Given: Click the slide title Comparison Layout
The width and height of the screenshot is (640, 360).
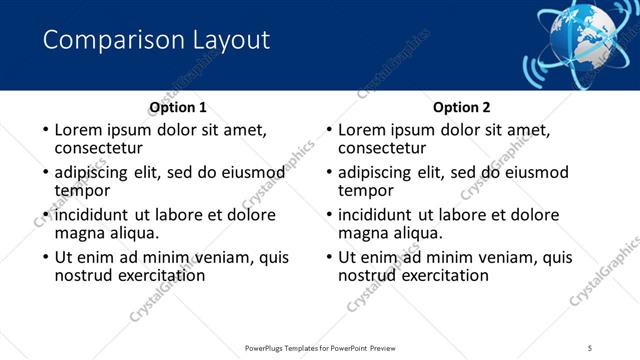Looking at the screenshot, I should [156, 40].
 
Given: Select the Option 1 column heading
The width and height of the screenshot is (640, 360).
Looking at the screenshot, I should [178, 107].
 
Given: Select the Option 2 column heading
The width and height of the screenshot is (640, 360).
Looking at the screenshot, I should [462, 107].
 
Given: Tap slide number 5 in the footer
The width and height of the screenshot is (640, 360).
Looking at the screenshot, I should [590, 347].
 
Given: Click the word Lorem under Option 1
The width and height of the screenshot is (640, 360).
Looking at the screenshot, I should [78, 130].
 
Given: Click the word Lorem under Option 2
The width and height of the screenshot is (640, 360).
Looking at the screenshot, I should [362, 130].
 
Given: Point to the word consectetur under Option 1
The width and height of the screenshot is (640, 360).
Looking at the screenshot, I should [102, 148].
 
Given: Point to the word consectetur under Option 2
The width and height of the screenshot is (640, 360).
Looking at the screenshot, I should [386, 148].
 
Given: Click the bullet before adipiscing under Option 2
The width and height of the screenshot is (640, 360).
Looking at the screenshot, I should [328, 173].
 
